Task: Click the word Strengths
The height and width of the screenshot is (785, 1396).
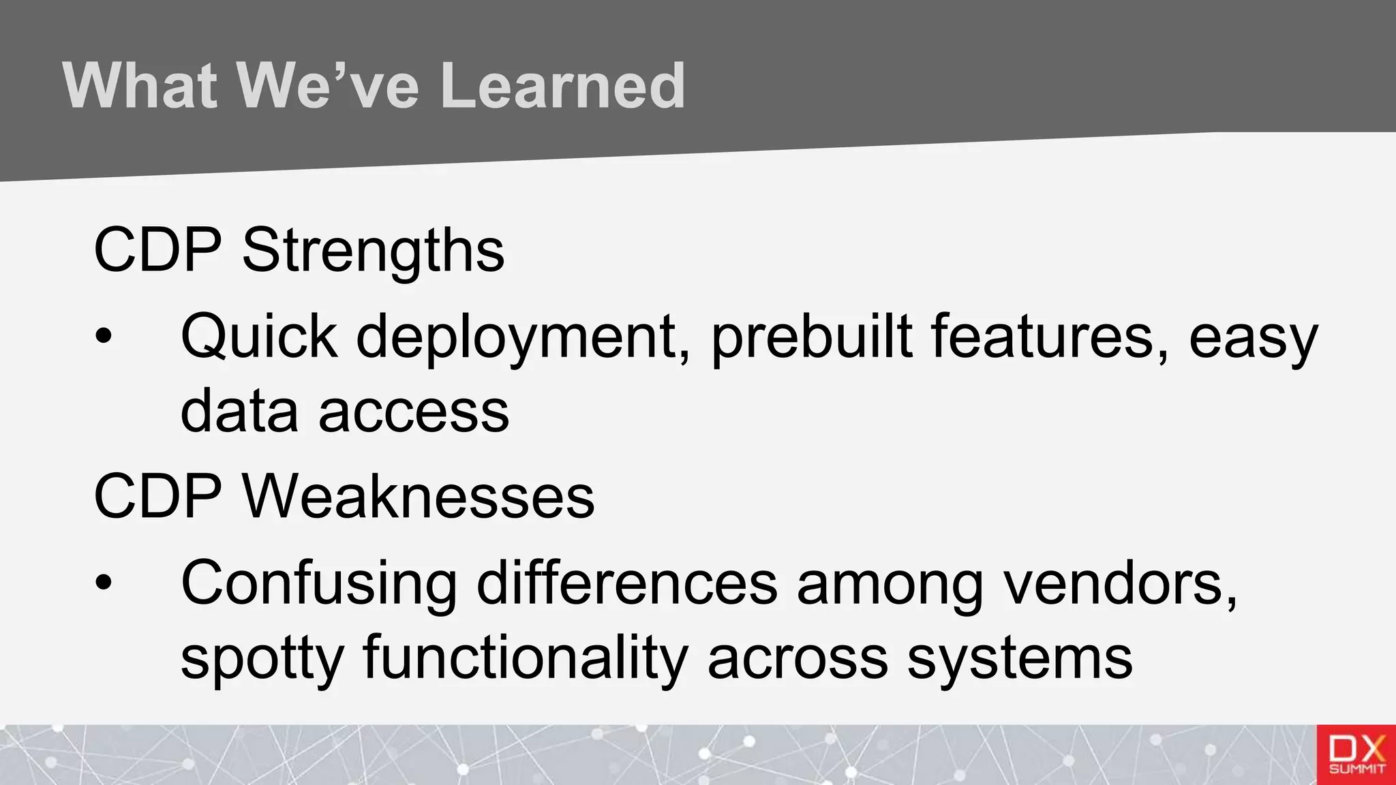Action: click(x=373, y=251)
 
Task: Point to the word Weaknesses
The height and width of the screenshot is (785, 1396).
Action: click(x=419, y=497)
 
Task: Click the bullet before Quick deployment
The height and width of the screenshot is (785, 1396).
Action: click(x=103, y=336)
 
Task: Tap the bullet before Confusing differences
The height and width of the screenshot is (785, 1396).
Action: click(x=103, y=583)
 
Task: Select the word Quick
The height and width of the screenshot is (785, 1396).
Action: click(x=259, y=336)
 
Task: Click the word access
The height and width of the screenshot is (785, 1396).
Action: click(x=414, y=412)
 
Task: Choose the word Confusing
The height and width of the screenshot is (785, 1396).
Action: click(x=319, y=583)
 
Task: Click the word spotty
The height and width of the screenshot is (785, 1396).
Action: click(x=262, y=658)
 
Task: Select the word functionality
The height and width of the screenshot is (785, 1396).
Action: click(x=526, y=658)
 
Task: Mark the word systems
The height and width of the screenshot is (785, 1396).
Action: click(x=1020, y=658)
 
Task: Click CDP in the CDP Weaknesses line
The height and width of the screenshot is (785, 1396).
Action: click(x=157, y=497)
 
